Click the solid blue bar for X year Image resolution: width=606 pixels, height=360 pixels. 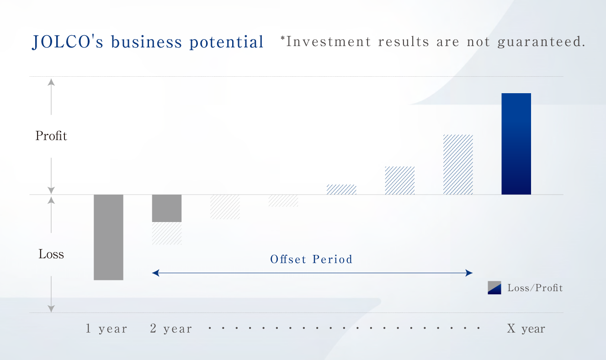[516, 144]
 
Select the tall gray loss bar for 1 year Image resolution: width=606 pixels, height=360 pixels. [108, 237]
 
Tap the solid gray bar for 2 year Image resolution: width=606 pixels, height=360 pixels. [167, 208]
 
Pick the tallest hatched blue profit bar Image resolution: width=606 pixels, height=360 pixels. [458, 164]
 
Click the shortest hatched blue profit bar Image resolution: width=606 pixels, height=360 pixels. [341, 190]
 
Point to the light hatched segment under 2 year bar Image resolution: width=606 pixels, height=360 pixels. [167, 233]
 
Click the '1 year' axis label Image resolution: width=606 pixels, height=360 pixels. [106, 328]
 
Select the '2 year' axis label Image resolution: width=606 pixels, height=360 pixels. [171, 328]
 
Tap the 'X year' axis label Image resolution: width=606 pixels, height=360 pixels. [526, 328]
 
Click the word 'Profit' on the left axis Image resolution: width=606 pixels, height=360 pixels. [51, 136]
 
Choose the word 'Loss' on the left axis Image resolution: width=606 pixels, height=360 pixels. [51, 254]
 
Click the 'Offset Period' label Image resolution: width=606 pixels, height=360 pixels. [311, 259]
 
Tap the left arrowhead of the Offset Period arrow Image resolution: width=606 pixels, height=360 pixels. [155, 273]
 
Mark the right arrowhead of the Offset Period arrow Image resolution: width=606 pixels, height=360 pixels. [469, 273]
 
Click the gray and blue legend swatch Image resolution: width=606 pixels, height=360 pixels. [494, 287]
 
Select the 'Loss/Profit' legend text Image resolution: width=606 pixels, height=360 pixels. [535, 288]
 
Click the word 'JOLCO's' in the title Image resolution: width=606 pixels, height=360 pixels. [68, 42]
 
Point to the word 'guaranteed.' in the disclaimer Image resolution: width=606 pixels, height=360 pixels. [542, 42]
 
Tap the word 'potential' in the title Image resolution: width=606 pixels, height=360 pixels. [226, 42]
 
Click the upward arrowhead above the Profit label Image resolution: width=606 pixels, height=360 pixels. [51, 82]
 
